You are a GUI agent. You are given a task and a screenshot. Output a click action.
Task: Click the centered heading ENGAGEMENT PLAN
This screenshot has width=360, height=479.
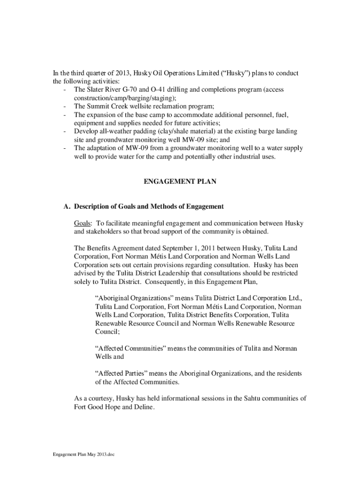[x=180, y=181]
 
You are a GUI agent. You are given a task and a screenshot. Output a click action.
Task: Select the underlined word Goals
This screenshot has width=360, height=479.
[x=82, y=223]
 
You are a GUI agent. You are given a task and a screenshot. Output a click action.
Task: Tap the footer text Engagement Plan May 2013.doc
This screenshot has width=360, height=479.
[x=84, y=455]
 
